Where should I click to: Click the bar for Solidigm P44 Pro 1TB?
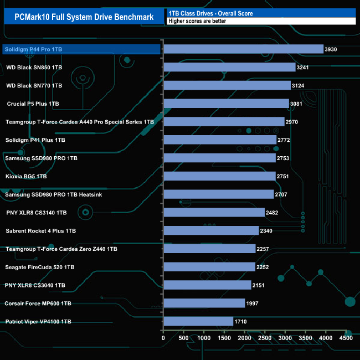(x=243, y=49)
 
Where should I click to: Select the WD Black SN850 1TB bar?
(x=229, y=68)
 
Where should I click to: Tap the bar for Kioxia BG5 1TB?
(x=219, y=176)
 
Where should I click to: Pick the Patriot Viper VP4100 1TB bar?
(x=198, y=321)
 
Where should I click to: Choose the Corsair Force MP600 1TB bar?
(x=204, y=303)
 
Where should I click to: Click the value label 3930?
(x=331, y=50)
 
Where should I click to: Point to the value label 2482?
(x=272, y=213)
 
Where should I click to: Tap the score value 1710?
(x=241, y=322)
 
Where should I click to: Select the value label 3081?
(x=297, y=104)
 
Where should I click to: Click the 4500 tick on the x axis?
(x=346, y=337)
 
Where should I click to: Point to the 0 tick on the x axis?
(x=163, y=337)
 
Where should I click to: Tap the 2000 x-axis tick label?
(x=244, y=337)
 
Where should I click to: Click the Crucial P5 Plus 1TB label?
(x=33, y=104)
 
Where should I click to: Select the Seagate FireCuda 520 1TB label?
(x=39, y=267)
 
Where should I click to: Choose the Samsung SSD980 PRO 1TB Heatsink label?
(x=53, y=194)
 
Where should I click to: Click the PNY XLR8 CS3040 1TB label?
(x=35, y=285)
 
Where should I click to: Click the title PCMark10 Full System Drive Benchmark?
(x=84, y=17)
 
